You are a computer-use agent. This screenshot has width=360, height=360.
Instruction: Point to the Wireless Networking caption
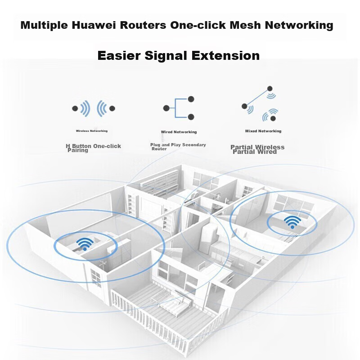pyautogui.click(x=92, y=131)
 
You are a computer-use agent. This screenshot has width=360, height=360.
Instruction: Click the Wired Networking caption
pyautogui.click(x=179, y=132)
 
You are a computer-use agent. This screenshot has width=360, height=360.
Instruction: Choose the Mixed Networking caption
pyautogui.click(x=263, y=131)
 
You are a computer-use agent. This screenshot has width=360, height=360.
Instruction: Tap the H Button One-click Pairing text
pyautogui.click(x=93, y=148)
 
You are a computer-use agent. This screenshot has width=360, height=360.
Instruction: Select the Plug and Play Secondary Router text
pyautogui.click(x=178, y=146)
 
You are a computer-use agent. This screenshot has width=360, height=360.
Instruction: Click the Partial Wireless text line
pyautogui.click(x=257, y=147)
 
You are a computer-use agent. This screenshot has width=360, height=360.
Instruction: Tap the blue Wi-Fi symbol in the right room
pyautogui.click(x=292, y=222)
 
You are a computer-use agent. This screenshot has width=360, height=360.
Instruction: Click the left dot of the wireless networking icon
pyautogui.click(x=75, y=108)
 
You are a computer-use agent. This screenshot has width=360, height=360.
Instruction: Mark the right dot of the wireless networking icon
pyautogui.click(x=112, y=108)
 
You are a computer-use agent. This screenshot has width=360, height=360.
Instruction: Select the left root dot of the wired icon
pyautogui.click(x=166, y=108)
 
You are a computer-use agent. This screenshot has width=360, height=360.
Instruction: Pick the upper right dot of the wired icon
pyautogui.click(x=191, y=99)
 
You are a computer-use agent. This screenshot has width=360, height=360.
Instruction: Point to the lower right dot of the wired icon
pyautogui.click(x=191, y=117)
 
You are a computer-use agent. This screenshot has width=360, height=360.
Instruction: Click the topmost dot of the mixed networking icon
pyautogui.click(x=270, y=89)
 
